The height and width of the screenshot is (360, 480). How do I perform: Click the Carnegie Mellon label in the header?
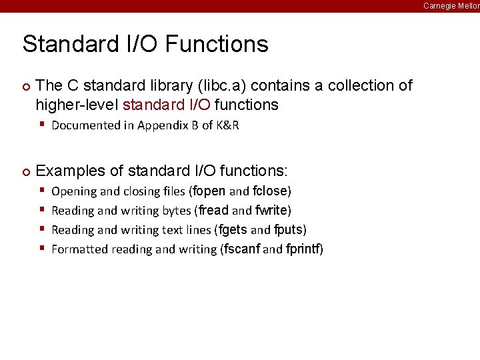(451, 6)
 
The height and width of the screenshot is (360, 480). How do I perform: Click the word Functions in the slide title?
(217, 44)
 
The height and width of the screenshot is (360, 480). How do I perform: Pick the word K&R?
(227, 125)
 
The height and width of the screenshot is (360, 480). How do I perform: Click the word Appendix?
(162, 125)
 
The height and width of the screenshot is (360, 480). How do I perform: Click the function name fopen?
(209, 191)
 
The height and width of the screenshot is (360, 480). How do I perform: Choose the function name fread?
(213, 211)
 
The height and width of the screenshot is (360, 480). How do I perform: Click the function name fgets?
(232, 230)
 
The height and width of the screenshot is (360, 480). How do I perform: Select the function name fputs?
(288, 230)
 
